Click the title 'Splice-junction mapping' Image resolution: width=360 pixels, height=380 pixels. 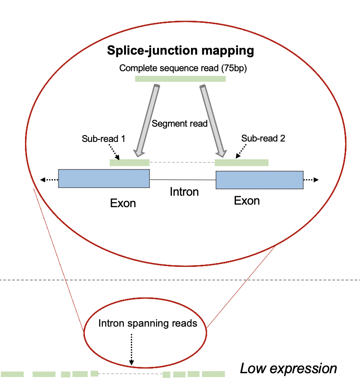(180, 51)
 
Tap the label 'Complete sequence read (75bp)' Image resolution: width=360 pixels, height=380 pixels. (180, 68)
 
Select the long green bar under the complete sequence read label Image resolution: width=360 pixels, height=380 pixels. (180, 79)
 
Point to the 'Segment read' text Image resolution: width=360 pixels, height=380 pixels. (180, 124)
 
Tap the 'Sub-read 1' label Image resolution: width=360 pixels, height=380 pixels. (101, 139)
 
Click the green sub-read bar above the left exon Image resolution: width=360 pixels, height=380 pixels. (130, 162)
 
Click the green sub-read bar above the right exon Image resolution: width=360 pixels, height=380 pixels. (241, 162)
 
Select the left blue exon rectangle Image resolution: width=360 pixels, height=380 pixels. (104, 179)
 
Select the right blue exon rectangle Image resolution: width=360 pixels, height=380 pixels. (260, 180)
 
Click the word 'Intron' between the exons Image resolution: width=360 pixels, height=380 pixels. (184, 192)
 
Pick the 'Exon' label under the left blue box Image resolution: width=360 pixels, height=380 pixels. (123, 203)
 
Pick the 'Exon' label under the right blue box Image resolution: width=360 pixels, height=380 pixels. (247, 200)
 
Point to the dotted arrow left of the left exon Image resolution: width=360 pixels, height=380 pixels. (49, 180)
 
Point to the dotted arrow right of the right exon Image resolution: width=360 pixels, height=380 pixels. (311, 180)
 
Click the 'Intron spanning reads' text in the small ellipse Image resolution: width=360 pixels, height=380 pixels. (148, 324)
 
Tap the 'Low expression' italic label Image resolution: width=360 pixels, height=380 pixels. (288, 369)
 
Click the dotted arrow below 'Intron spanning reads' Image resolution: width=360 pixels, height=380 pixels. (132, 349)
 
